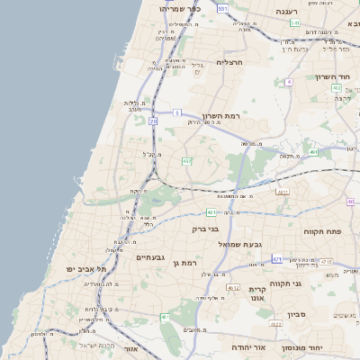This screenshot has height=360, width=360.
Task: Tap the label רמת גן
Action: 183,263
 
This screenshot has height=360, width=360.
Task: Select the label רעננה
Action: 286,12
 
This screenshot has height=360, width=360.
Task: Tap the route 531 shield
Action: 222,8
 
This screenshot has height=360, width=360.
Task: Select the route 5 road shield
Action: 177,112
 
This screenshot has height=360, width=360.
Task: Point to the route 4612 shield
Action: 233,288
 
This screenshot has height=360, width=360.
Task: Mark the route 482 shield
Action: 336,88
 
